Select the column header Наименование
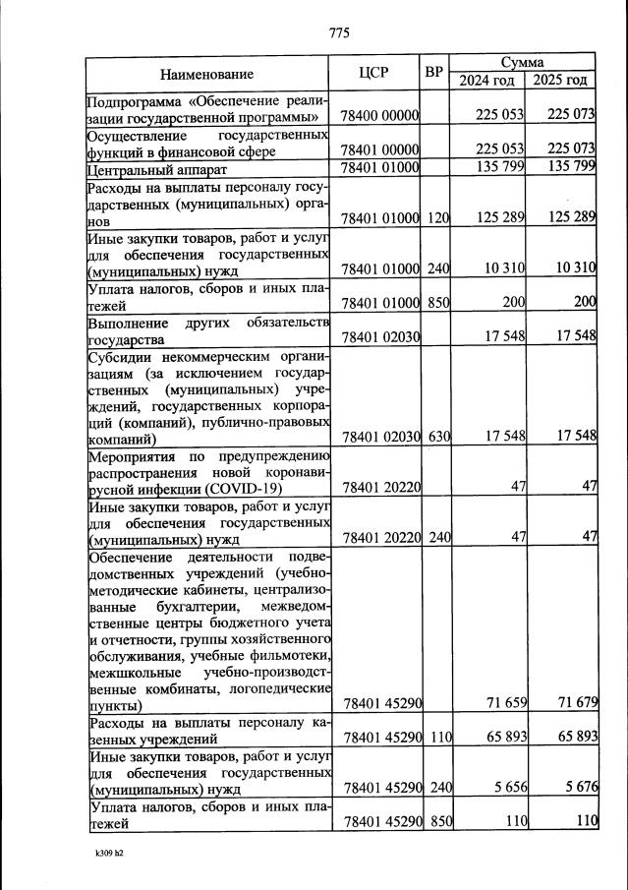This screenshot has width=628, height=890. pos(206,74)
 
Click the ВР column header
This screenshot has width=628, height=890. pos(434,73)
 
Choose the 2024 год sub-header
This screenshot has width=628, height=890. pos(487,81)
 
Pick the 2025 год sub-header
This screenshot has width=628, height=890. pos(560,81)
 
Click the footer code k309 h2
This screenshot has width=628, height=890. pos(102,853)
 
